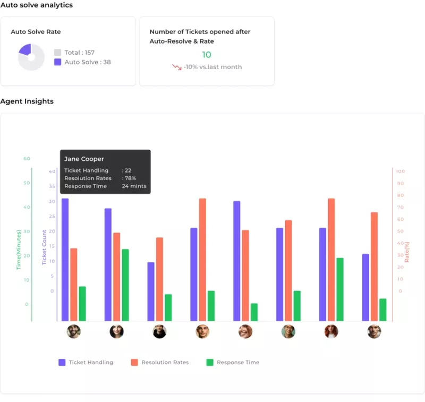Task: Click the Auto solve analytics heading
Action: point(37,5)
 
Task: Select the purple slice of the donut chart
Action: point(25,50)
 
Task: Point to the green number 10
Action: point(207,55)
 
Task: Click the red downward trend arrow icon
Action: point(176,67)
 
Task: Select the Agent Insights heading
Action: point(27,101)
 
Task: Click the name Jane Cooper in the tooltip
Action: point(84,159)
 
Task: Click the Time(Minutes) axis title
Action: point(19,250)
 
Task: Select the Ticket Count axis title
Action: point(45,247)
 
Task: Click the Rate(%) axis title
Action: point(407,252)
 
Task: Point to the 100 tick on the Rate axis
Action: point(400,172)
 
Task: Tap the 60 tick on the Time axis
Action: point(27,159)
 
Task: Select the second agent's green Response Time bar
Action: point(125,285)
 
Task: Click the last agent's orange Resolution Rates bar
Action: point(374,266)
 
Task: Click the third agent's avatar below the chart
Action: point(159,332)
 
